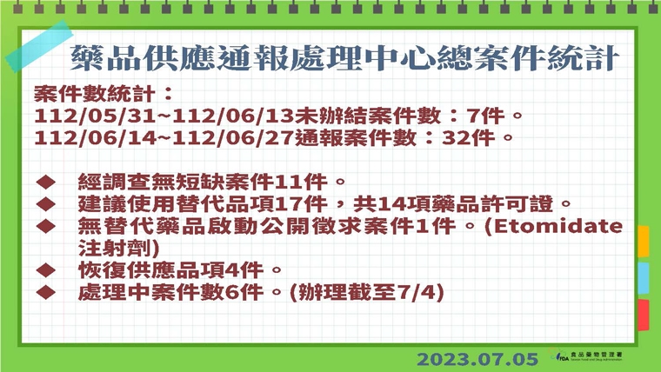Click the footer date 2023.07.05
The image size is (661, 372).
[x=478, y=358]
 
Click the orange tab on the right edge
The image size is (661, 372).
[x=644, y=241]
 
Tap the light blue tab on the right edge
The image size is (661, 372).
[x=644, y=277]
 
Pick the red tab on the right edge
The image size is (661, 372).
[x=644, y=315]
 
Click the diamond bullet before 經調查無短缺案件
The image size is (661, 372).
[x=45, y=183]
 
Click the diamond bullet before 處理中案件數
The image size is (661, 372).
[x=45, y=293]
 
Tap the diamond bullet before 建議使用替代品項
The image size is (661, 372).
[x=45, y=204]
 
